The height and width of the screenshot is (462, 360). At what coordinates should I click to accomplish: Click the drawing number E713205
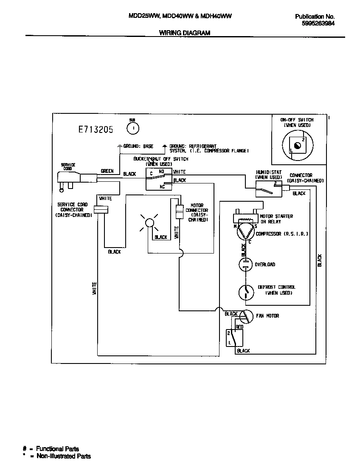coord(96,130)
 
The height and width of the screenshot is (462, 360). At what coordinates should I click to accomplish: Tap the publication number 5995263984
coord(318,24)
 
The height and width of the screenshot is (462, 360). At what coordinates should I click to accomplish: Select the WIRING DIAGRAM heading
coord(184,33)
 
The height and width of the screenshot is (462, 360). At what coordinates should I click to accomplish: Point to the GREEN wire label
coord(107,171)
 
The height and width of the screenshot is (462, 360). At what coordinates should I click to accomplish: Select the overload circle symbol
coord(245,265)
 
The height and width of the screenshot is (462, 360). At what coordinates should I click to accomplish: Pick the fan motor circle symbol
coord(246,316)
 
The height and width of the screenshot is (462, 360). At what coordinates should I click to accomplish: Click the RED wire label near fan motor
coord(239,327)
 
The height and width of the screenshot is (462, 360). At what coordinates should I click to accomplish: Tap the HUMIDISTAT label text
coord(268,172)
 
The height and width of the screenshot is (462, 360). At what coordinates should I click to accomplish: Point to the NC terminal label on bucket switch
coord(162,186)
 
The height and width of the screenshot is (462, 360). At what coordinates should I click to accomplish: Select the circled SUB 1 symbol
coord(133,127)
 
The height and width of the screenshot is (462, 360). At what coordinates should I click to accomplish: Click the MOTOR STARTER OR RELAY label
coord(277,219)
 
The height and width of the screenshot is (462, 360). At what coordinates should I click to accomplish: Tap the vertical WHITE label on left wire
coord(94,289)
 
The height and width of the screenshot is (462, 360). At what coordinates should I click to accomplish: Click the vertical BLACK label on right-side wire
coord(320,260)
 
